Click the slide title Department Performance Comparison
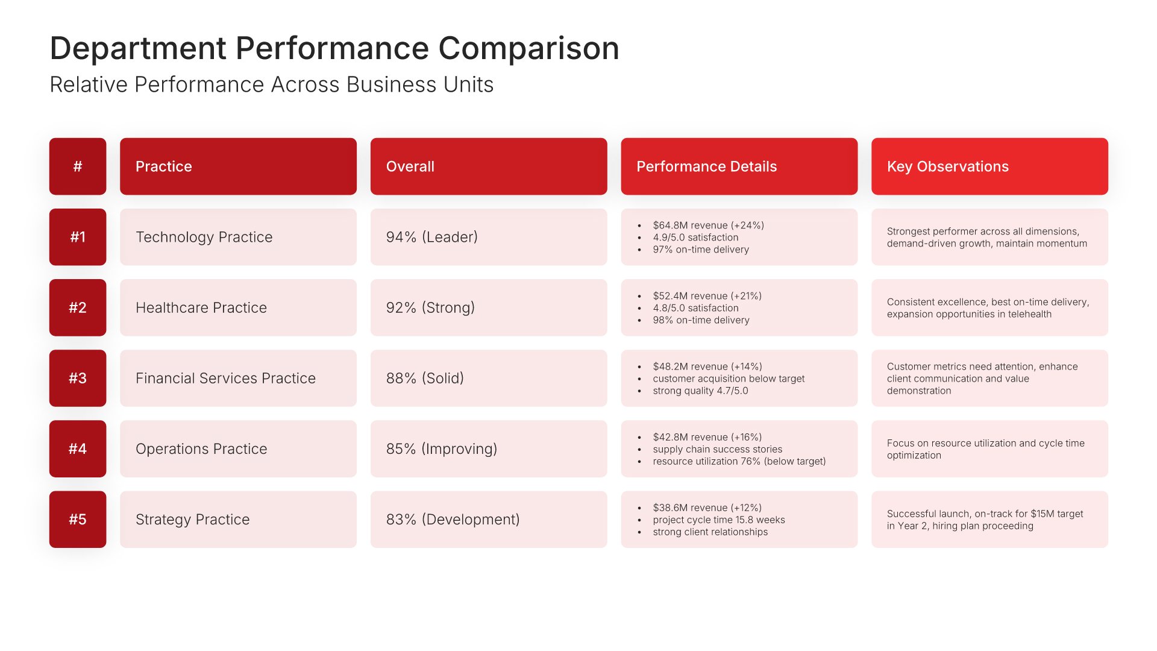point(334,48)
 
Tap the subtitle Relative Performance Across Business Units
point(272,84)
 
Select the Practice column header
point(238,166)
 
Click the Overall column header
point(489,166)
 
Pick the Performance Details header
point(739,166)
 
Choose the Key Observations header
point(989,166)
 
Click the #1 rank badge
point(78,237)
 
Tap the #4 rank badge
point(78,448)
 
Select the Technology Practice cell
point(238,237)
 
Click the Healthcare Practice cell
point(238,307)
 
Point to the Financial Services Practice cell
point(238,378)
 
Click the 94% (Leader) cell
point(489,237)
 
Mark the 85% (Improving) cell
point(489,448)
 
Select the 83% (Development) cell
point(489,519)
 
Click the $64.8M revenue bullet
point(708,225)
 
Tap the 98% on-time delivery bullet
point(701,320)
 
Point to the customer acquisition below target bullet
point(729,379)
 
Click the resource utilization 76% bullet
point(739,461)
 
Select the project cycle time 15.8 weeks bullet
point(718,520)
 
